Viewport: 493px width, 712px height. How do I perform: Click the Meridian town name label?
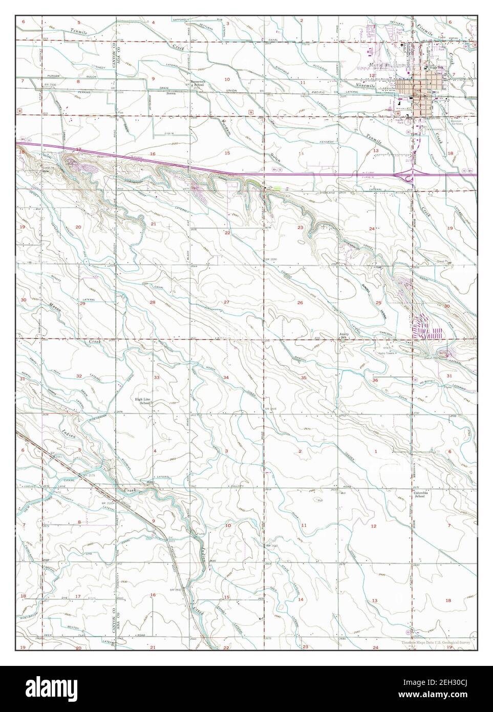click(379, 66)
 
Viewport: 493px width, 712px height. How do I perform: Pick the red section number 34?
click(225, 376)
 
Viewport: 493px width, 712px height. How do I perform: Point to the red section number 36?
click(375, 380)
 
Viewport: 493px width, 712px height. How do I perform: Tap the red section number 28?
click(152, 302)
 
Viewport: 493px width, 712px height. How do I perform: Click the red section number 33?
click(157, 377)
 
